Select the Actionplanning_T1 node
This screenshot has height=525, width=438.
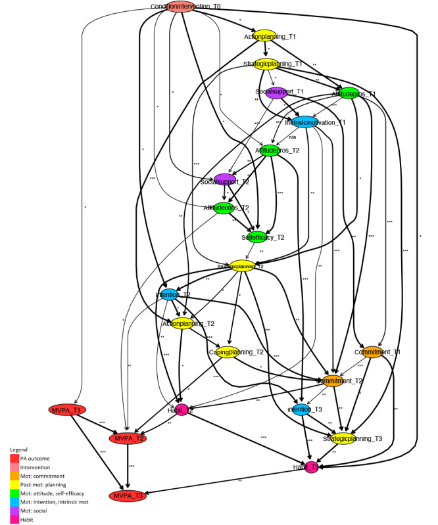tap(263, 36)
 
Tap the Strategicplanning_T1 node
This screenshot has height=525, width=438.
tap(268, 64)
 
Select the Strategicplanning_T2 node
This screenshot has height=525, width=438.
tap(241, 266)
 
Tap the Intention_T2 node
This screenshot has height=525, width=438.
tap(170, 295)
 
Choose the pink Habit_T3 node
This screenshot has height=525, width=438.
tap(309, 467)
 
